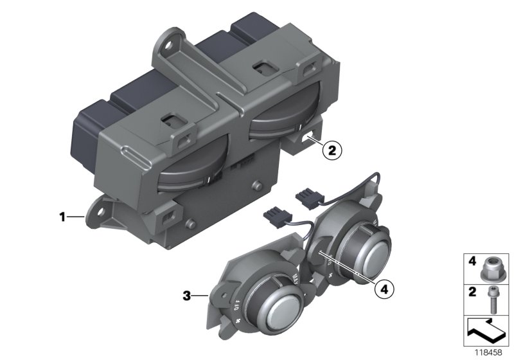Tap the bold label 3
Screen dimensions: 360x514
coord(186,296)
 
